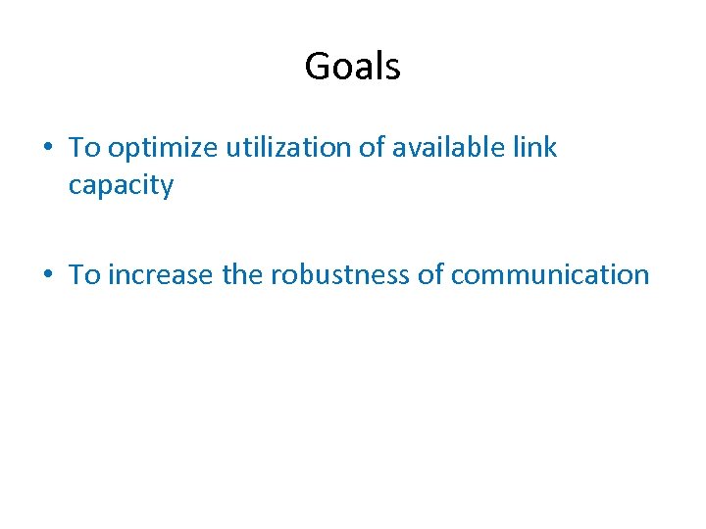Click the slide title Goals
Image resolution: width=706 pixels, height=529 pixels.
(x=352, y=67)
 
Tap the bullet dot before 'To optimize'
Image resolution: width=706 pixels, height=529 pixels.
(x=47, y=149)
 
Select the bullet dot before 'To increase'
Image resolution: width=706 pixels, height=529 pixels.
(x=47, y=275)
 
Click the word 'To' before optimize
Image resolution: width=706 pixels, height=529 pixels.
(x=84, y=148)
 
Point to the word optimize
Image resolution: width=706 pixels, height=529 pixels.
(x=164, y=149)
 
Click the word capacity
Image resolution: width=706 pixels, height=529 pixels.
(x=121, y=186)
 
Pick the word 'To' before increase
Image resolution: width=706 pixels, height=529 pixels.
(x=84, y=275)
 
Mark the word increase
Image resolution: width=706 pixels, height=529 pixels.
(x=162, y=275)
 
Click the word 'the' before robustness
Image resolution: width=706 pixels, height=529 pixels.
(x=242, y=275)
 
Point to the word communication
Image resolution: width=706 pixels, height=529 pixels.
(x=550, y=275)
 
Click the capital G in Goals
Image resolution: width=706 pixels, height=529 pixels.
(x=318, y=67)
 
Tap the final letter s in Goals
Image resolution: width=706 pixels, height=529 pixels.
(x=393, y=69)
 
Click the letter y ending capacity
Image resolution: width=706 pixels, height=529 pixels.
(x=167, y=188)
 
